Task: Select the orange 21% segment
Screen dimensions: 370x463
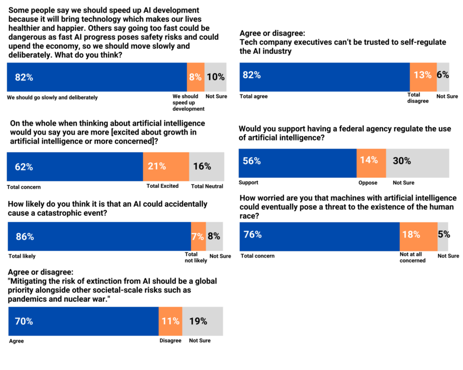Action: coord(166,166)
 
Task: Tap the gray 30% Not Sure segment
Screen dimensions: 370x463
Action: coord(417,163)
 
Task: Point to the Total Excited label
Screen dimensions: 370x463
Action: coord(162,186)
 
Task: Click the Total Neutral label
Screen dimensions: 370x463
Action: coord(207,186)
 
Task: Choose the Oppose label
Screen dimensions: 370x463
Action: coord(368,183)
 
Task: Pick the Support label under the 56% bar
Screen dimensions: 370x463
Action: coord(248,183)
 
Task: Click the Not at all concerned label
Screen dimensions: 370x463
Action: coord(412,258)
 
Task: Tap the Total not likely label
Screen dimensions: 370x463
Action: coord(196,258)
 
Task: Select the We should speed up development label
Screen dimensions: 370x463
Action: coord(188,103)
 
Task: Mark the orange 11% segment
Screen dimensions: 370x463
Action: coord(170,321)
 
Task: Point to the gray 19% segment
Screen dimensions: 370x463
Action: coord(203,321)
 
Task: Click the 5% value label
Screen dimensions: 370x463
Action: coord(443,234)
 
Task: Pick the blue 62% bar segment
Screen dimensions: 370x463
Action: coord(75,166)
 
